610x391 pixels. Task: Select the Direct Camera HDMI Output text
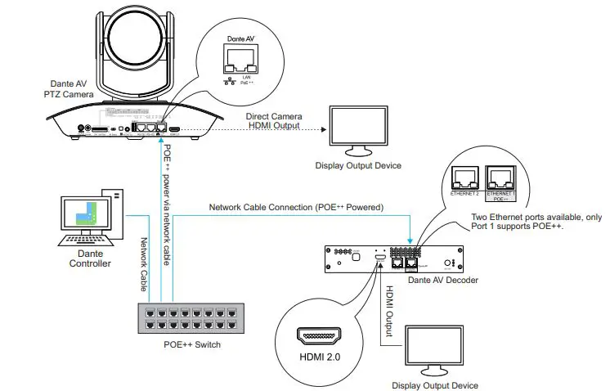tap(273, 121)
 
